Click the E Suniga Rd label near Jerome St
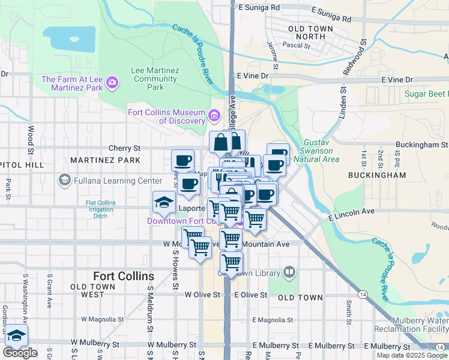click(x=259, y=8)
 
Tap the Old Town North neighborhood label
click(x=306, y=32)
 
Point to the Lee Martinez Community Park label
click(x=155, y=79)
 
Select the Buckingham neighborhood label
click(x=376, y=175)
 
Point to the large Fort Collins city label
click(x=124, y=277)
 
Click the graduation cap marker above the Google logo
click(x=17, y=335)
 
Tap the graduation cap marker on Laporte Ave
click(x=163, y=203)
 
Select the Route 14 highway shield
click(x=363, y=294)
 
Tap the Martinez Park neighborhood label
click(x=105, y=160)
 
